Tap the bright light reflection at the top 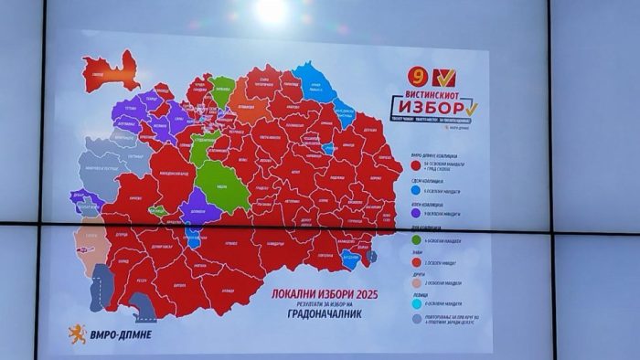(x=272, y=10)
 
